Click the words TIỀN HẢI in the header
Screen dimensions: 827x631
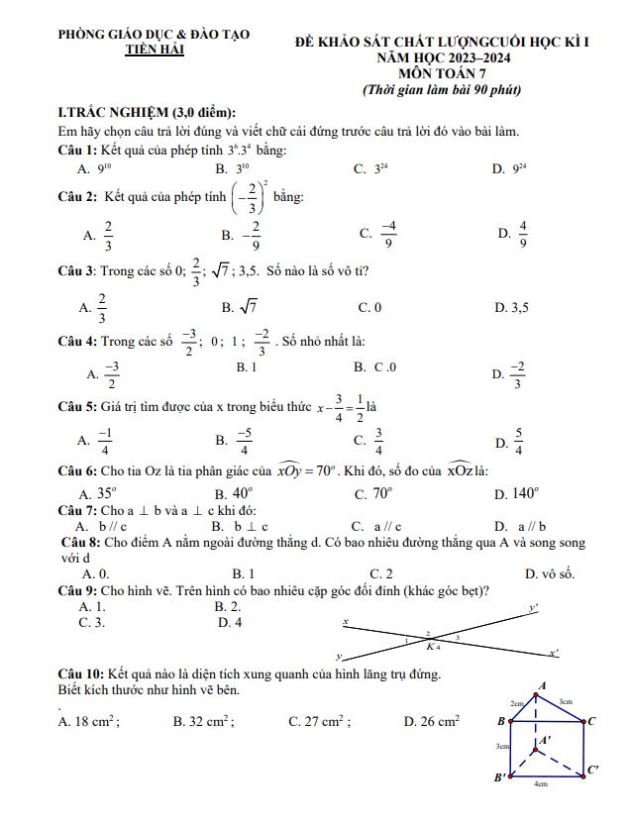pos(155,50)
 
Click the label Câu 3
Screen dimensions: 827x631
pos(76,271)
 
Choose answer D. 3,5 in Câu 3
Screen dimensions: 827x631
pos(512,307)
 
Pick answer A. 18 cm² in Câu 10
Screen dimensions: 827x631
pos(90,722)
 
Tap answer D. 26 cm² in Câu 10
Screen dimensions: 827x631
pos(432,722)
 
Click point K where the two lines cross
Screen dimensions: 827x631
pos(430,647)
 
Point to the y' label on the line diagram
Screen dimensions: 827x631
pos(534,608)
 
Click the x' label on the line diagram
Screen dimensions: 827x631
pos(554,652)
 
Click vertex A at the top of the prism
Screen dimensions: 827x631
pos(542,685)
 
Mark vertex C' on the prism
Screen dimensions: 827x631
pos(592,769)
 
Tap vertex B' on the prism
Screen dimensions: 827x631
pos(501,777)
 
